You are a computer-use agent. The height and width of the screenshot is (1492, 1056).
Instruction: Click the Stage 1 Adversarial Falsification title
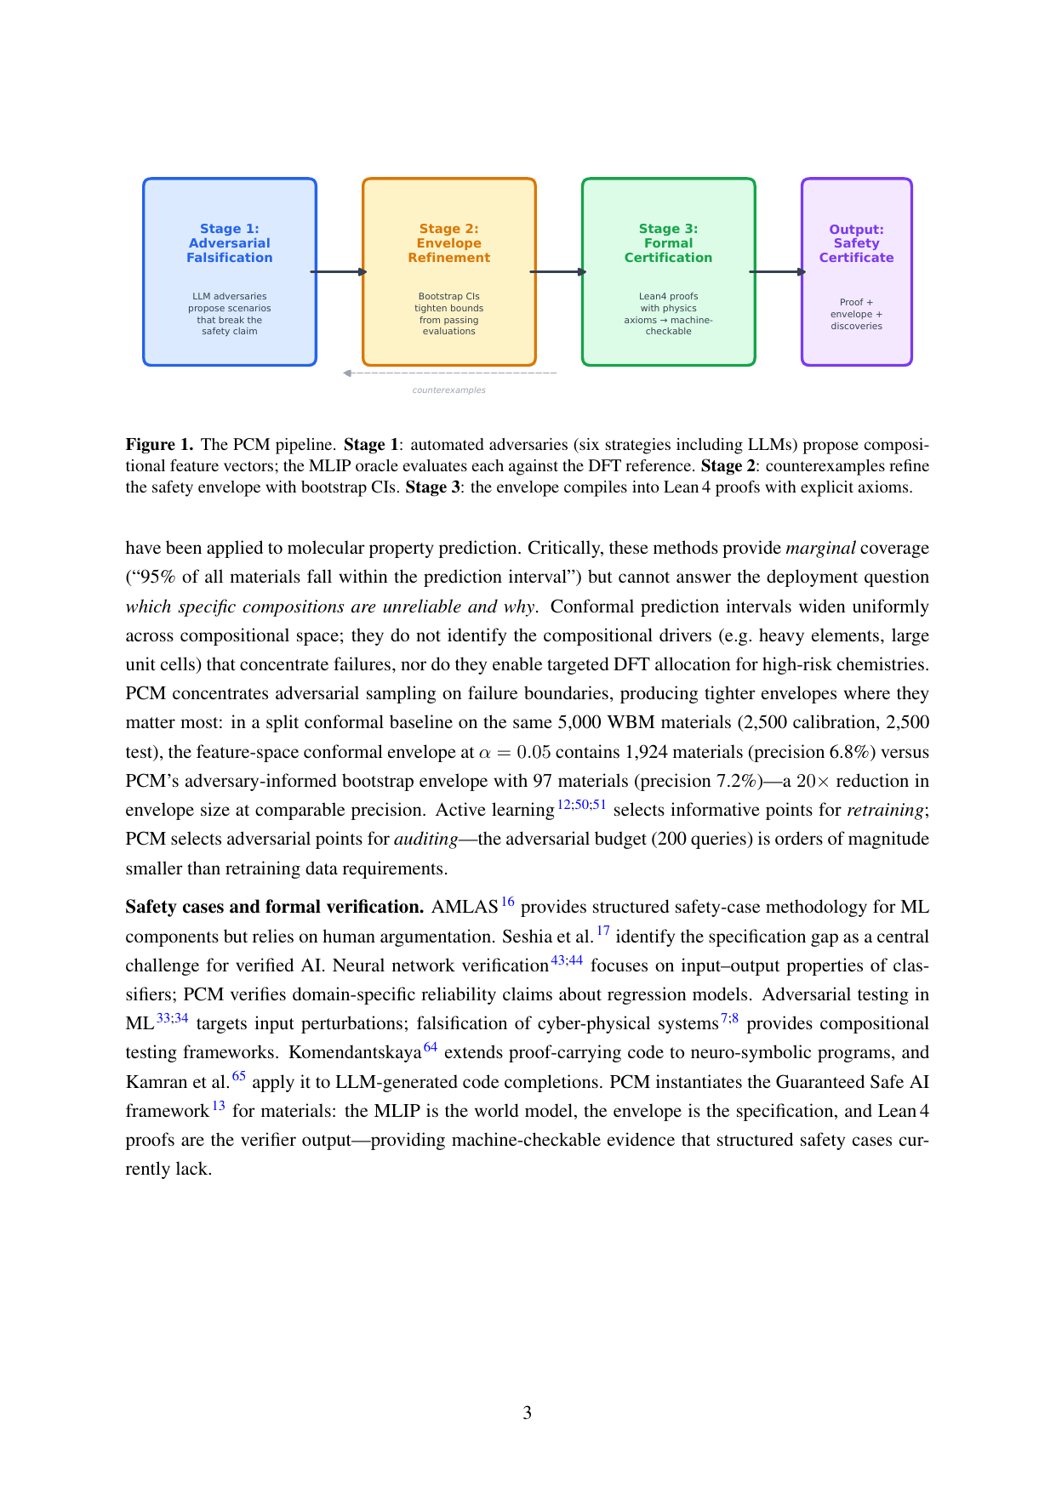[230, 243]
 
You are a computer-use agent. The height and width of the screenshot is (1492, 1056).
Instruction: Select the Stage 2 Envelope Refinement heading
[448, 243]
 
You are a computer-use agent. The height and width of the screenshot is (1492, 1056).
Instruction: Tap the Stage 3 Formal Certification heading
[668, 243]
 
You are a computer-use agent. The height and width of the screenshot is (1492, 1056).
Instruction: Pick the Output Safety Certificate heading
[856, 243]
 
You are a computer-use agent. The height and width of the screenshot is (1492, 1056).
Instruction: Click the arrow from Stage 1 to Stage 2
[339, 272]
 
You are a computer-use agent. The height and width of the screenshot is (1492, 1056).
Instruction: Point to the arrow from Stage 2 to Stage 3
[558, 272]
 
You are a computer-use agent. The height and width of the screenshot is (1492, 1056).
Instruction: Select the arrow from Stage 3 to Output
[778, 272]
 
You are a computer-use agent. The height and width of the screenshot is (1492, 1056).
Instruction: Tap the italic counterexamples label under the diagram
[448, 390]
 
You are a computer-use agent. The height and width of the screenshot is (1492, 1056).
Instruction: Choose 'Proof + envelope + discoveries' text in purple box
[856, 314]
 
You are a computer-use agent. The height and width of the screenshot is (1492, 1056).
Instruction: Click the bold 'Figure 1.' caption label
[159, 445]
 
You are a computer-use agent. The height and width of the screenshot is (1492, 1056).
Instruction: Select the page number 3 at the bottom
[528, 1413]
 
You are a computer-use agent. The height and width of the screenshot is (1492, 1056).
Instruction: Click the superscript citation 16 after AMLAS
[508, 902]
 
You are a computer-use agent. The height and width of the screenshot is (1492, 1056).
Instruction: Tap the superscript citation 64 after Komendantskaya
[431, 1047]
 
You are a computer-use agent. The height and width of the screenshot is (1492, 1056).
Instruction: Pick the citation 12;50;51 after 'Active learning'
[582, 805]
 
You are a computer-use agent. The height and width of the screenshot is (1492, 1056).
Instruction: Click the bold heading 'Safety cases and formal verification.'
[274, 907]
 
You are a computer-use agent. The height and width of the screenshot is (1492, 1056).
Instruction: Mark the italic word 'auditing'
[425, 839]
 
